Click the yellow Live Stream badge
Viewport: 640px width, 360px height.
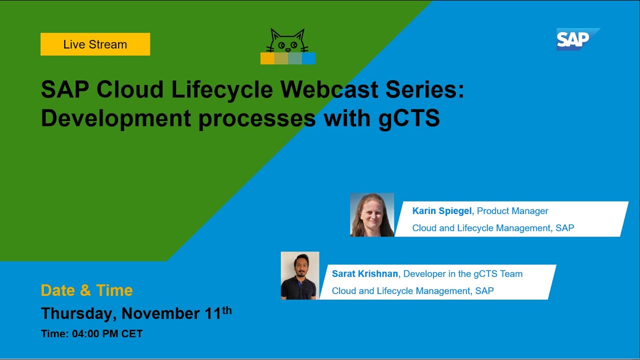[x=95, y=44]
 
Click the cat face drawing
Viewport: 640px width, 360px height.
[x=287, y=42]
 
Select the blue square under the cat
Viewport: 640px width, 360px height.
[x=309, y=58]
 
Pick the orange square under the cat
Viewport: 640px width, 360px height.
[x=267, y=58]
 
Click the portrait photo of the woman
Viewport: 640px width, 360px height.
[x=372, y=214]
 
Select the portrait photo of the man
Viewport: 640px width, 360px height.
[x=300, y=275]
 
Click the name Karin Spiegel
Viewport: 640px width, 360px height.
[x=441, y=211]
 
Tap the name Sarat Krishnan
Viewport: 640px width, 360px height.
[x=365, y=274]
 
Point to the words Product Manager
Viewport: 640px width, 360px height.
[x=512, y=211]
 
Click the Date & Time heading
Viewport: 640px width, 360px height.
[x=86, y=290]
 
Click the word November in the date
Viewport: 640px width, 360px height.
[x=161, y=313]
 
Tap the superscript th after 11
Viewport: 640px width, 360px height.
[x=227, y=310]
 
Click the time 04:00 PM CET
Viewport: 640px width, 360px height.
[x=107, y=334]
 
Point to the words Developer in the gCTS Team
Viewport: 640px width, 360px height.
[x=463, y=274]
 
